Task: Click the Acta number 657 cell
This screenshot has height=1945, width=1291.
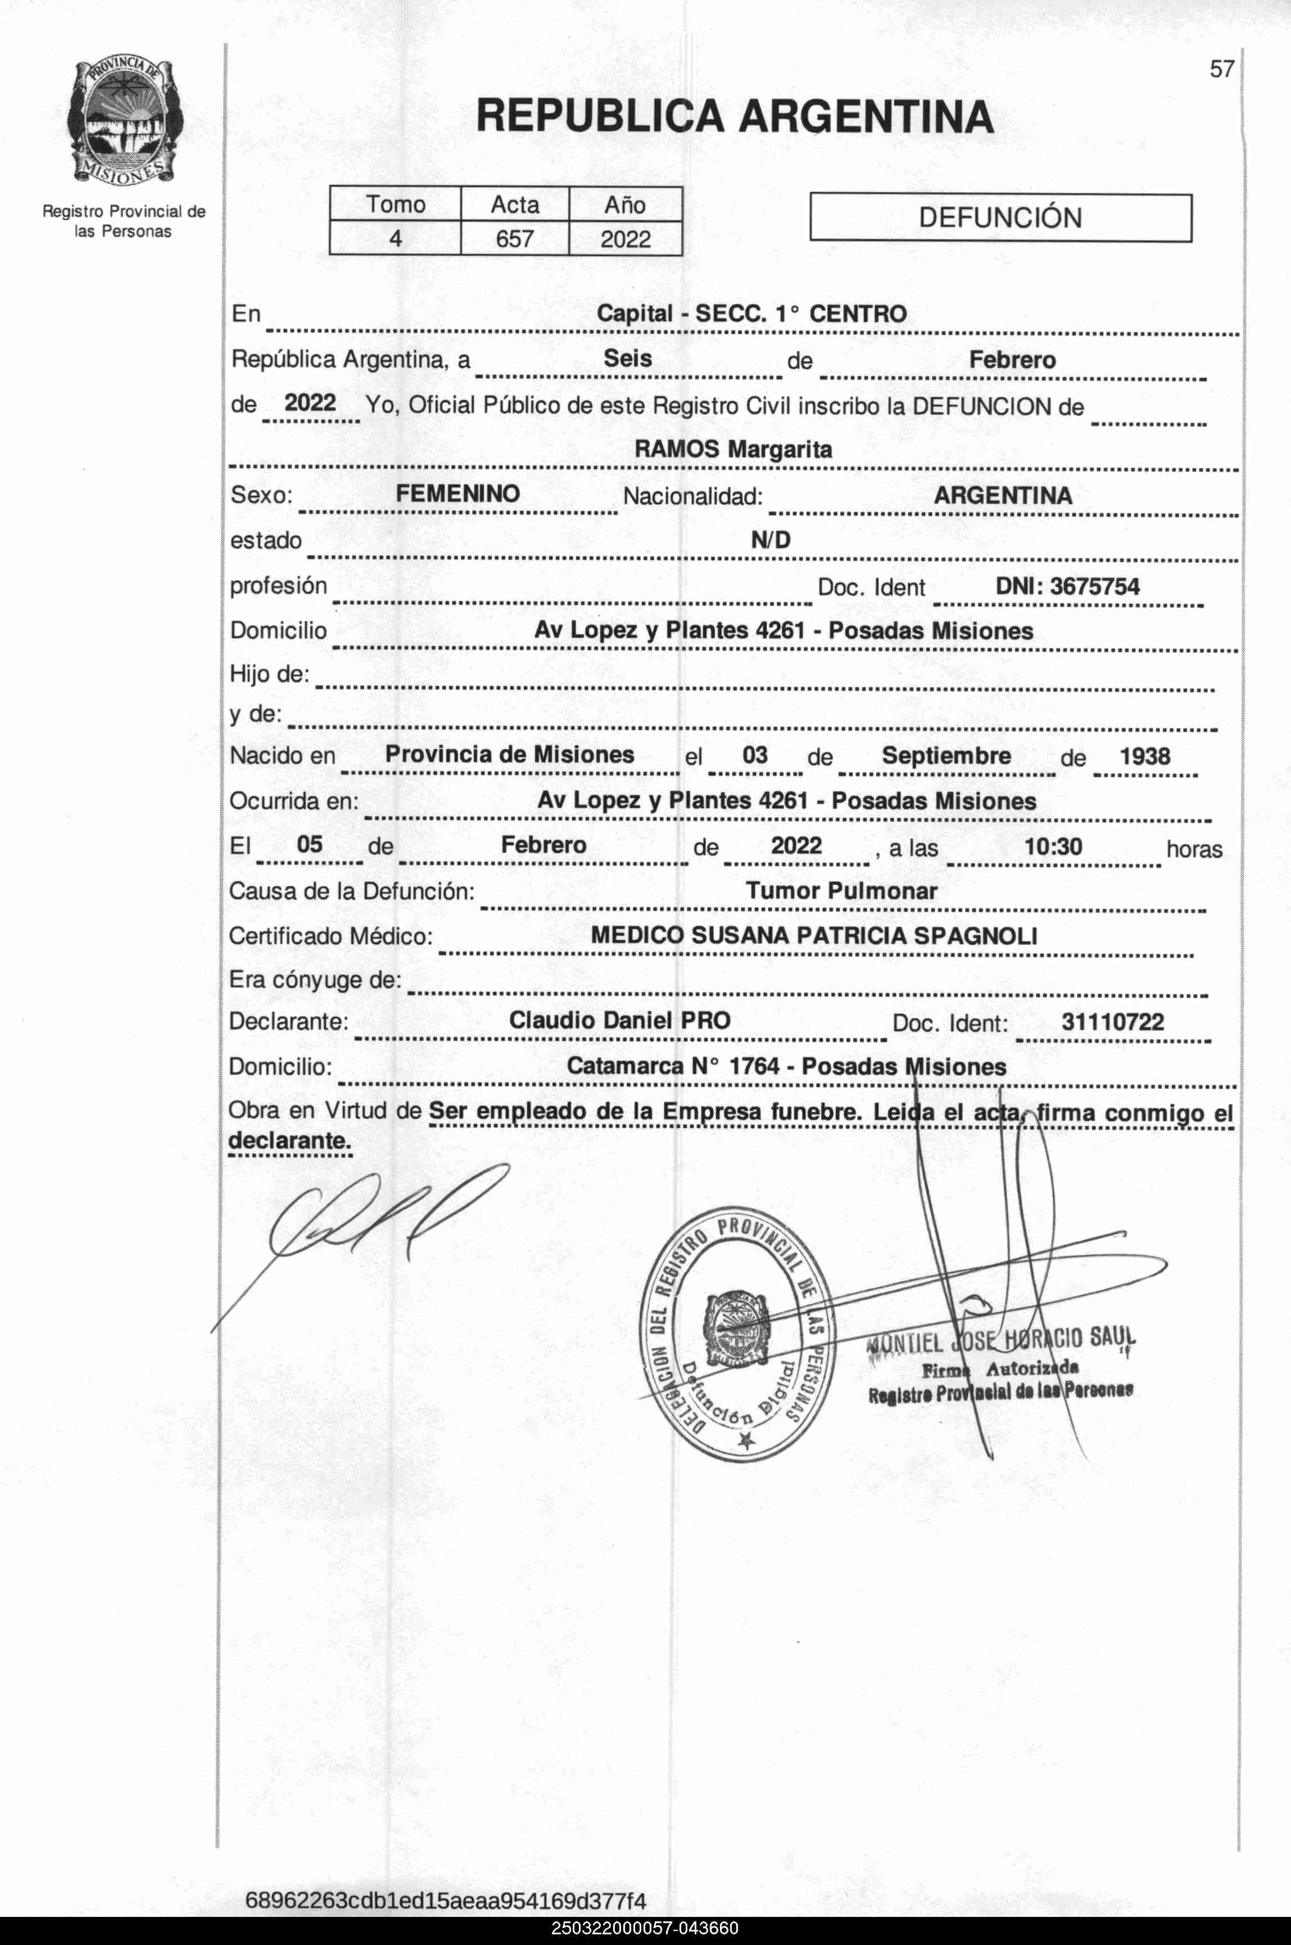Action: pos(515,239)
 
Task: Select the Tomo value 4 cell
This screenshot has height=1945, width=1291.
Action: pos(395,239)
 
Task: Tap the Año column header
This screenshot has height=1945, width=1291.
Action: pos(625,204)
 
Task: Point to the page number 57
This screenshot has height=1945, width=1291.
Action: pos(1221,69)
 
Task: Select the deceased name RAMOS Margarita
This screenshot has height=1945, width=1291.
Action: pos(733,450)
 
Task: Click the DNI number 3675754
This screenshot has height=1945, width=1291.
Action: pos(1067,586)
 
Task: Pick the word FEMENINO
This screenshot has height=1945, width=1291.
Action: pos(457,494)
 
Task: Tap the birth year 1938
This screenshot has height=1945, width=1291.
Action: pos(1144,756)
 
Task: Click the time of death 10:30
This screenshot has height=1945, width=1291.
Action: pos(1053,846)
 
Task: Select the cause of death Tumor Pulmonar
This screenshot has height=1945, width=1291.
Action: pos(841,891)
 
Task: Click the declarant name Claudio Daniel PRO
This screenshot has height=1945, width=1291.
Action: pos(620,1021)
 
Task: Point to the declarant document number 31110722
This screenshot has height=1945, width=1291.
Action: pos(1112,1022)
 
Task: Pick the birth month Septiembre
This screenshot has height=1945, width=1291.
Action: pos(946,756)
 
